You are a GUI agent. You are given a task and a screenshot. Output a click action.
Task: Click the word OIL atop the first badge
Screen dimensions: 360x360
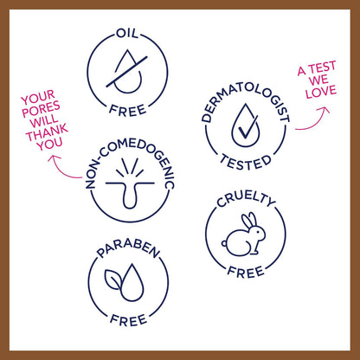point(127,33)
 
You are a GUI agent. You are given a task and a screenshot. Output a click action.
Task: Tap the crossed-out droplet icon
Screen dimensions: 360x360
point(127,72)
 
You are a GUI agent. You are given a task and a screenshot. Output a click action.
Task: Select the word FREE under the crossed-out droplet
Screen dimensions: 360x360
point(128,111)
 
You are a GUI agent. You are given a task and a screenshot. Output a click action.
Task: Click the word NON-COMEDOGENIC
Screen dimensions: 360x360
point(131,161)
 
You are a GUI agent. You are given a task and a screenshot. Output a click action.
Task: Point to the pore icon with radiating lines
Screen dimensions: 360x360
point(130,183)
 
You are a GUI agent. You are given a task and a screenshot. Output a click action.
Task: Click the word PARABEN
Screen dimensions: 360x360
point(128,248)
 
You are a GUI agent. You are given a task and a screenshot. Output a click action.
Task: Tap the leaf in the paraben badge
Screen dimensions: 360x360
point(113,280)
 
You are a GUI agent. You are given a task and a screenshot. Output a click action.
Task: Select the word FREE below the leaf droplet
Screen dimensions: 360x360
point(129,320)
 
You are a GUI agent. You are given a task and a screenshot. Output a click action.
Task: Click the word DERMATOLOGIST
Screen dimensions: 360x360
point(246,100)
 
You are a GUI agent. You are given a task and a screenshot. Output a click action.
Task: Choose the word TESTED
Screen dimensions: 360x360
point(246,163)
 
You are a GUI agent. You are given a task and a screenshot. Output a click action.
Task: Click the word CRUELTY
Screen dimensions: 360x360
point(246,198)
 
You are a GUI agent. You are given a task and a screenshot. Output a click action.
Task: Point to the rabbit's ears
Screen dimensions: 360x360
point(249,221)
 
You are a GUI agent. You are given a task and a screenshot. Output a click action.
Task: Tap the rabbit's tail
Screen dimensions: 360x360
point(224,244)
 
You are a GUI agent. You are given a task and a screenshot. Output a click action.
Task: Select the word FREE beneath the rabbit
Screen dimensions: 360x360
point(246,272)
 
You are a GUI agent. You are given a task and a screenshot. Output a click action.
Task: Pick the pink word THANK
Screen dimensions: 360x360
point(47,132)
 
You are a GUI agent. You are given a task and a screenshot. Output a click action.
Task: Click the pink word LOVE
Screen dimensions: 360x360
point(321,92)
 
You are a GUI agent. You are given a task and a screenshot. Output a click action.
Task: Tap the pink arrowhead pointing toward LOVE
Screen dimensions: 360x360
point(324,110)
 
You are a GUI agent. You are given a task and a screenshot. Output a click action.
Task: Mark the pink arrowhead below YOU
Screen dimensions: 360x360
point(55,159)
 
